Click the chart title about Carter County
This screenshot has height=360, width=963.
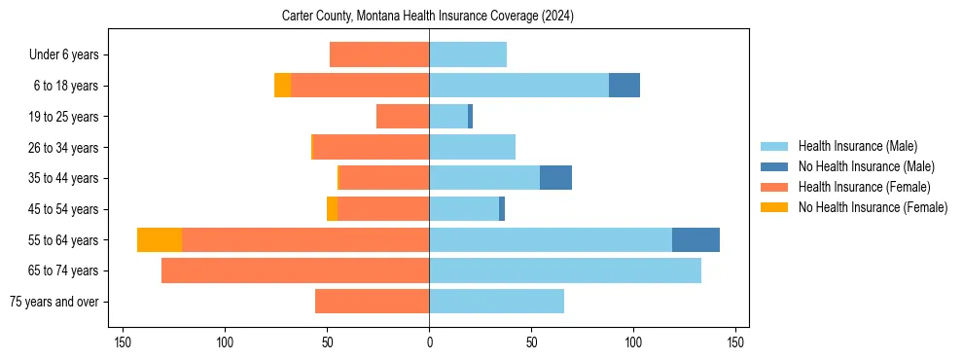pos(429,17)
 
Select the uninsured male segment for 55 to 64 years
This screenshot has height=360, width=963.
pos(695,239)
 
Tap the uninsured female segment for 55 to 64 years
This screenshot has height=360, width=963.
pos(160,239)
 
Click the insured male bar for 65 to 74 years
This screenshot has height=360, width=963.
pos(565,270)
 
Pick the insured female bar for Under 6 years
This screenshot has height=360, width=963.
pos(379,54)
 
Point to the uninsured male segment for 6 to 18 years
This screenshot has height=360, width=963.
pos(624,86)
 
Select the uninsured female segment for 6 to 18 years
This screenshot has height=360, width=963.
pos(282,86)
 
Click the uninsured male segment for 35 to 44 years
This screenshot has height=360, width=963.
pos(555,178)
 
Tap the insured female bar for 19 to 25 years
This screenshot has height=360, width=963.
pos(403,117)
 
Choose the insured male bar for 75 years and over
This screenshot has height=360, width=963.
pos(496,302)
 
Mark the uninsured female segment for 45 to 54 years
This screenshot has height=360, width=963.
pos(332,209)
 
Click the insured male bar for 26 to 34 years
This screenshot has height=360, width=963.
pos(472,147)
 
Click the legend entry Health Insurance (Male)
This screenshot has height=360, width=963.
pos(858,146)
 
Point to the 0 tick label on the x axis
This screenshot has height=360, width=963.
pos(429,342)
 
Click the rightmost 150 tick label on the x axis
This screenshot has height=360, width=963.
pos(735,342)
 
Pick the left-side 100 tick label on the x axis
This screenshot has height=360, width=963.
pos(225,342)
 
